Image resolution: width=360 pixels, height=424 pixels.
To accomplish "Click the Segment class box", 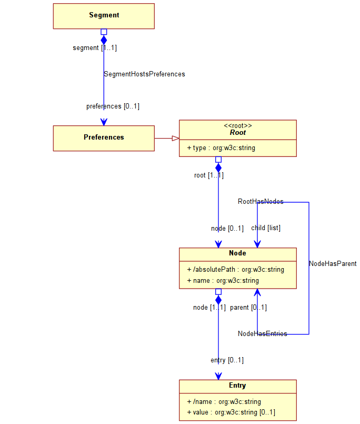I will (x=104, y=16).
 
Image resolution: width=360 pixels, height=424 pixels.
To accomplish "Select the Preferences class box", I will (x=104, y=138).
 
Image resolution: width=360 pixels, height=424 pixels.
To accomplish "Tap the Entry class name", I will (x=237, y=386).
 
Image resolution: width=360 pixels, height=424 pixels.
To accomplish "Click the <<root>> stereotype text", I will (x=238, y=125).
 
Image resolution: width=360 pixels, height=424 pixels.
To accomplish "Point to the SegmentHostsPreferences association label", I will (x=144, y=74).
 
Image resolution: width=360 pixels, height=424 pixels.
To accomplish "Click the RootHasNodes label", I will (x=261, y=202).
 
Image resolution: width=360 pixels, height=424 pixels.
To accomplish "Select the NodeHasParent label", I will (x=333, y=264).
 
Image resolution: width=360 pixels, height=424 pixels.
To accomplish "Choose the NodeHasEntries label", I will (x=262, y=334).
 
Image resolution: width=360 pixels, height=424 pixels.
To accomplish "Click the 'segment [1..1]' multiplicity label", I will (x=95, y=48).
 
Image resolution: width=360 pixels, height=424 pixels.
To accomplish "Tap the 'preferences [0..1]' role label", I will (x=113, y=106).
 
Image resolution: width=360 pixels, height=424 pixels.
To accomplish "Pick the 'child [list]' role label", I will (x=266, y=228).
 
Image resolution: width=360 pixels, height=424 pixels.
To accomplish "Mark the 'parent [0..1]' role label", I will (x=248, y=308).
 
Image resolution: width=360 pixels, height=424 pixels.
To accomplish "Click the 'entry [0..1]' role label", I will (x=227, y=360).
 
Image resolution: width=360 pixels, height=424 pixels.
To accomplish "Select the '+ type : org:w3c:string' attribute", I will (x=221, y=148).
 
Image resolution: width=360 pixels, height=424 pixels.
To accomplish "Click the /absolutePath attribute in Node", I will (x=235, y=270).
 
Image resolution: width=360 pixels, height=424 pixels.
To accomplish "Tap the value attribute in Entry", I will (x=231, y=412).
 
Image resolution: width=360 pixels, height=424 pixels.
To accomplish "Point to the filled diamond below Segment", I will (x=104, y=40).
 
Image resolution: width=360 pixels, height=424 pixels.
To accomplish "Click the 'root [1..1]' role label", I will (x=208, y=175).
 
